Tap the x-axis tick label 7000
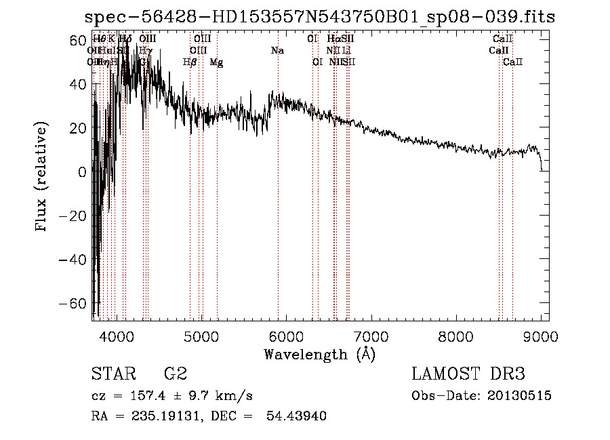[371, 335]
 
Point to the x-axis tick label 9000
[541, 335]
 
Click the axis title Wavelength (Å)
[320, 354]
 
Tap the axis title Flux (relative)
[42, 178]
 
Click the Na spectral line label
[277, 51]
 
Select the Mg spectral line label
[217, 62]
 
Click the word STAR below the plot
[113, 374]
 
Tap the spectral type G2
[176, 374]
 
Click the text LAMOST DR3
[468, 374]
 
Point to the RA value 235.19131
[159, 416]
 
